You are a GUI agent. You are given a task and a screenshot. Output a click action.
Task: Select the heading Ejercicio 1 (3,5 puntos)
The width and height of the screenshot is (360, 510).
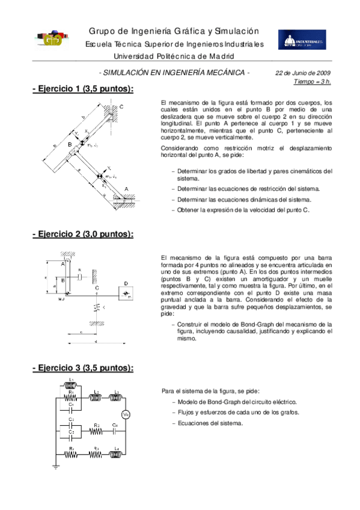pyautogui.click(x=82, y=89)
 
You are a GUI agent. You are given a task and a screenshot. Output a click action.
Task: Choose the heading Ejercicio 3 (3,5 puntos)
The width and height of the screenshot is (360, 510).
pyautogui.click(x=82, y=367)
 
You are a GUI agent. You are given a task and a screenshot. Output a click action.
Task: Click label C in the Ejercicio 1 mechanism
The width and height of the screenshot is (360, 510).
pyautogui.click(x=121, y=106)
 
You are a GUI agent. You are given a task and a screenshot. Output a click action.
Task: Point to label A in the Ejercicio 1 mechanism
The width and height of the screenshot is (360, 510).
pyautogui.click(x=126, y=188)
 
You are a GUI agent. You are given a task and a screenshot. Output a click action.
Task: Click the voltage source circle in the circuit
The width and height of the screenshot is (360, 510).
pyautogui.click(x=126, y=414)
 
